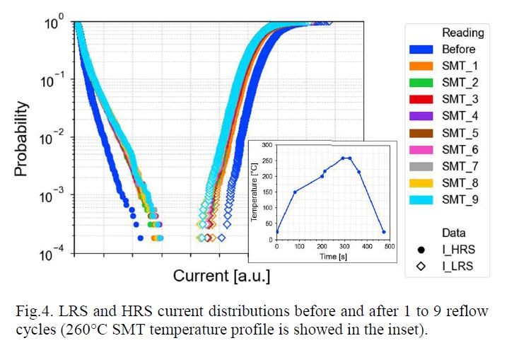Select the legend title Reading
pyautogui.click(x=462, y=33)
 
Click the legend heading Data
pyautogui.click(x=453, y=233)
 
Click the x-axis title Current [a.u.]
pyautogui.click(x=221, y=274)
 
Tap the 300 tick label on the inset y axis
pyautogui.click(x=266, y=144)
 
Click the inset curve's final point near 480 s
pyautogui.click(x=383, y=232)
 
